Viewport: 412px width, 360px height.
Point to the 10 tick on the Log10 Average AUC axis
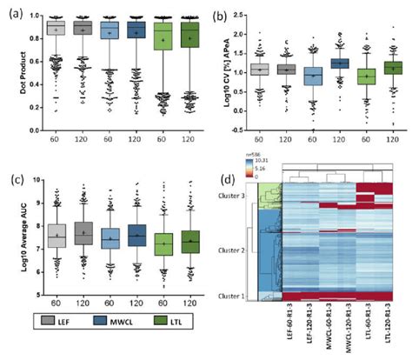(x=35, y=179)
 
